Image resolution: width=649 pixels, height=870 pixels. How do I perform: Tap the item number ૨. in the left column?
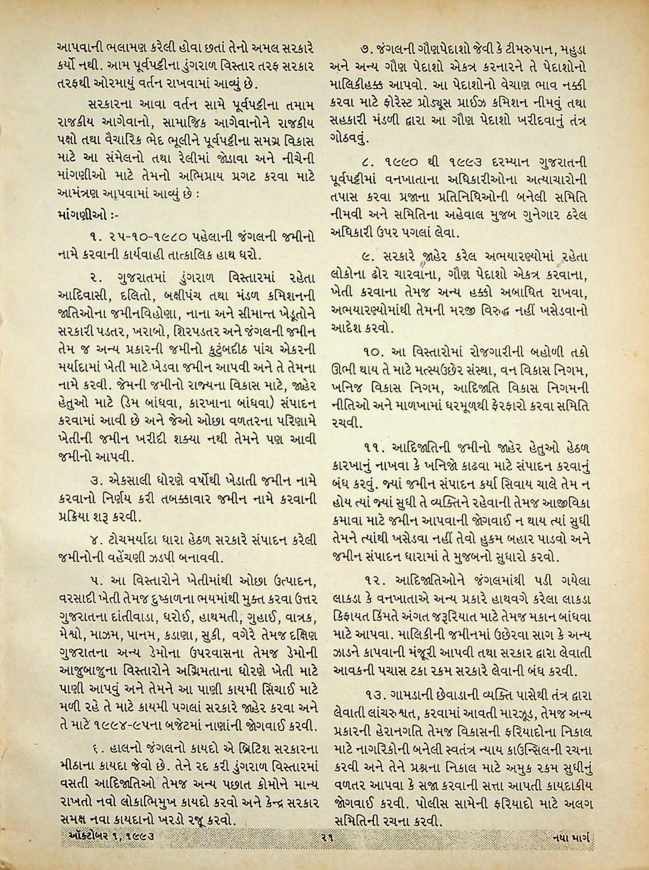click(x=96, y=275)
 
